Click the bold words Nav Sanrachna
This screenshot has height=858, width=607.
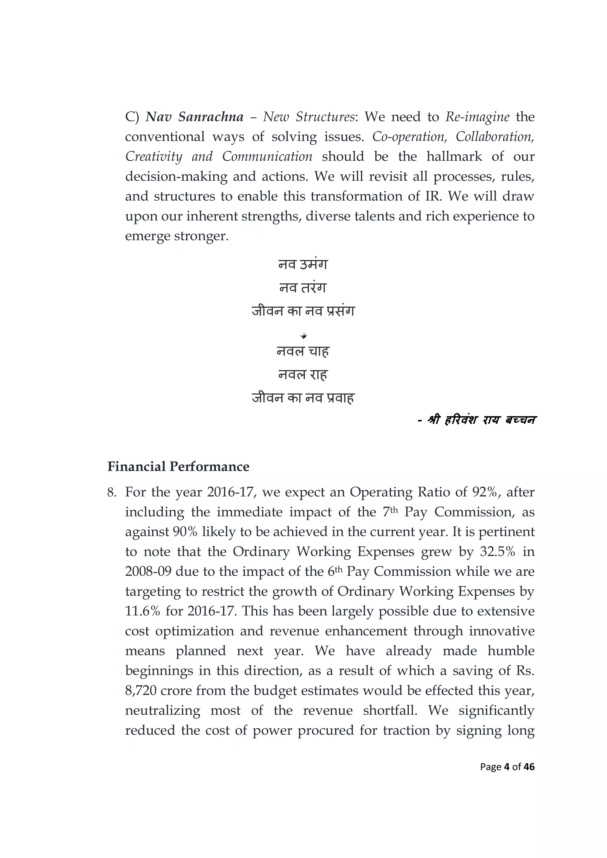[194, 117]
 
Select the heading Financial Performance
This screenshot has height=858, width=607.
[178, 467]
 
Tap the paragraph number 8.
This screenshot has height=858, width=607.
[112, 492]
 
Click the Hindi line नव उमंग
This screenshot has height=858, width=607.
[303, 264]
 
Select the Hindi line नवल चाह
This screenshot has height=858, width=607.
[303, 351]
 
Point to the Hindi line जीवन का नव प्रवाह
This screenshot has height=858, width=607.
[303, 398]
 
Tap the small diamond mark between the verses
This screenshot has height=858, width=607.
[303, 336]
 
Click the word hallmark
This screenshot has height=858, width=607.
[454, 156]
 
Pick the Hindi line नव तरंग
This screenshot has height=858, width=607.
[303, 287]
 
